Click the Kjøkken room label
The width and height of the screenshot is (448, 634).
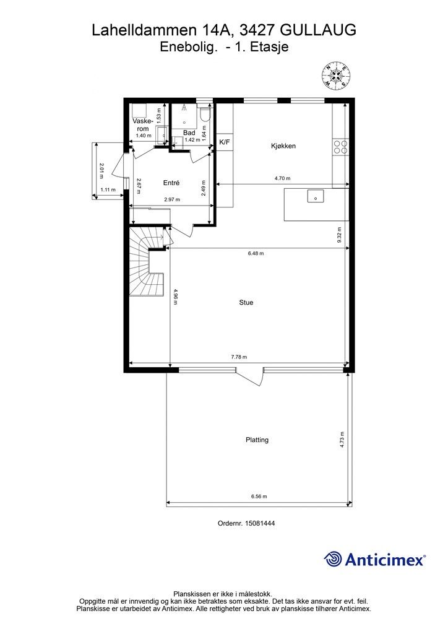(283, 146)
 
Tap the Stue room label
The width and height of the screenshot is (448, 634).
(246, 302)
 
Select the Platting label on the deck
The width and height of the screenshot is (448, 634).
(257, 440)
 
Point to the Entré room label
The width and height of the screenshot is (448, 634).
(171, 183)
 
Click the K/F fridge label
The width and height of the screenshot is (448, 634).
(225, 142)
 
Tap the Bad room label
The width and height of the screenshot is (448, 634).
(189, 132)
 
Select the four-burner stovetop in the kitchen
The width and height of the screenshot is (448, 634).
(340, 146)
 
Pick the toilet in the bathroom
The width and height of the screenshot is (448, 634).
(205, 115)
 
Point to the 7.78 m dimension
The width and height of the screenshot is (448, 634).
(239, 357)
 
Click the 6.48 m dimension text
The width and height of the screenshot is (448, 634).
(256, 253)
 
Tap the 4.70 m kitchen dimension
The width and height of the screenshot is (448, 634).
(282, 178)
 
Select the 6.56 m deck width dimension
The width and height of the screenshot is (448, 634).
(259, 497)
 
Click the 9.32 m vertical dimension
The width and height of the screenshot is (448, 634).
(340, 235)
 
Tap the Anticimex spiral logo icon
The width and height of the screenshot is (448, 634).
(332, 559)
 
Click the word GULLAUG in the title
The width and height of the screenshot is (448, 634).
(318, 30)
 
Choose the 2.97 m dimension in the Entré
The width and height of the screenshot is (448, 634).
(172, 199)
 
